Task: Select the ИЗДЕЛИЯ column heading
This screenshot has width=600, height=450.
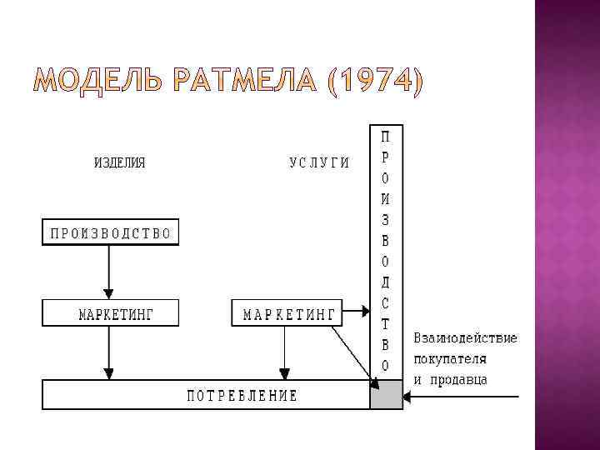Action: pos(119,162)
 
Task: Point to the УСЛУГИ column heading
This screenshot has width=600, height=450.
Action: pos(318,162)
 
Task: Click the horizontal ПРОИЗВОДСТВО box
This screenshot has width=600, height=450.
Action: pos(110,232)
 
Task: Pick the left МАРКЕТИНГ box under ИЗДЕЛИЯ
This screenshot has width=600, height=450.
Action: pos(110,313)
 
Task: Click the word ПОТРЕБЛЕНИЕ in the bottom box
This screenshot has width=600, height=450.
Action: pos(241,395)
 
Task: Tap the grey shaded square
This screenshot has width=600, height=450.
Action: pos(387,395)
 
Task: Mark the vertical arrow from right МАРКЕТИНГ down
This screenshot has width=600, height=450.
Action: pos(284,353)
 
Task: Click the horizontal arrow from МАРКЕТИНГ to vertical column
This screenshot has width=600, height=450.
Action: pos(354,312)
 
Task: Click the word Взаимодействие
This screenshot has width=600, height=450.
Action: pos(465,338)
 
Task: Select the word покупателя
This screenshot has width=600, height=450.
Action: pos(450,359)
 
